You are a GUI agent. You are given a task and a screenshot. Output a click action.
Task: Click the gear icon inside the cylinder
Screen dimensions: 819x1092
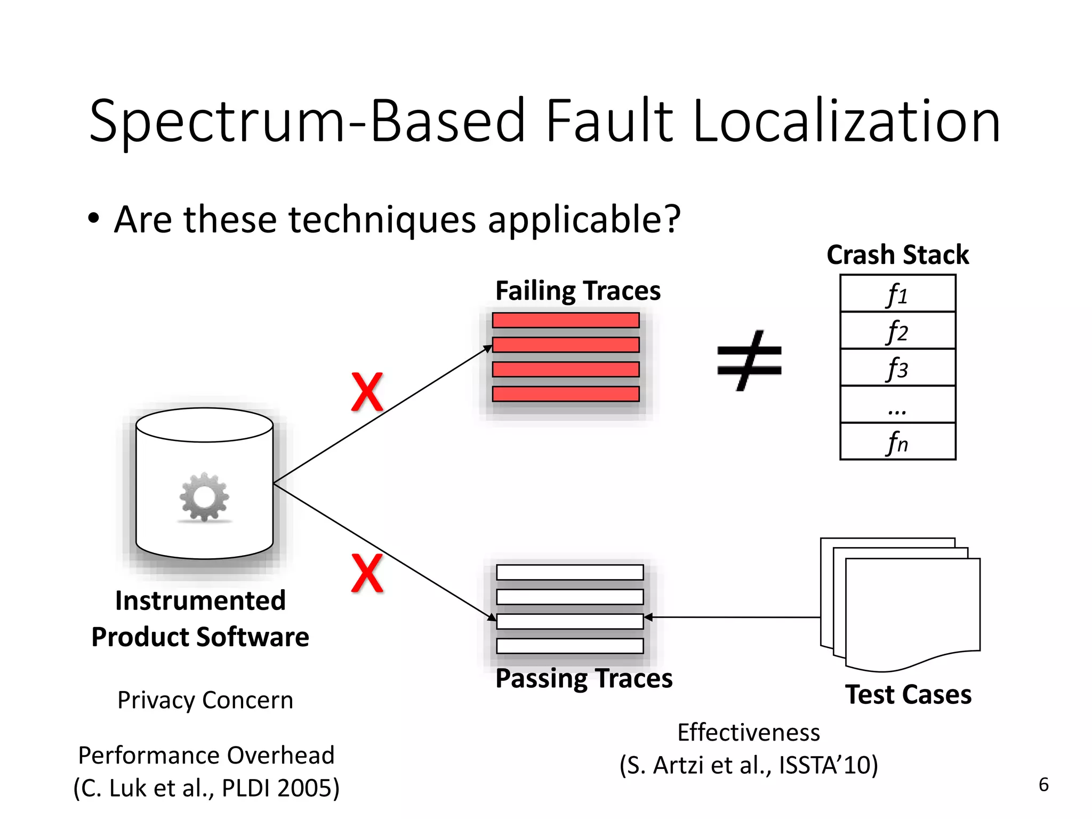tap(204, 497)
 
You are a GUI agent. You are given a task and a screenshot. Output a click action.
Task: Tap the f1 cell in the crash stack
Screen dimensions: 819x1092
tap(897, 294)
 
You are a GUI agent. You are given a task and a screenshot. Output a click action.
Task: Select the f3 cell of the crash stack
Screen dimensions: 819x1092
tap(897, 368)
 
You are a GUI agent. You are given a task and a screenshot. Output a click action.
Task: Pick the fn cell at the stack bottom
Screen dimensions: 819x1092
tap(897, 442)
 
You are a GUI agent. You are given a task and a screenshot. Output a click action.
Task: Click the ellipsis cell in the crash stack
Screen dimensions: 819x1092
tap(897, 405)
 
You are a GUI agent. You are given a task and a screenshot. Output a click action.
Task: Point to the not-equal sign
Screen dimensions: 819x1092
tap(749, 360)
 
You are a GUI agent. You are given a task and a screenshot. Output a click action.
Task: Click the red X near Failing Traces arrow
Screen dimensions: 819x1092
tap(367, 392)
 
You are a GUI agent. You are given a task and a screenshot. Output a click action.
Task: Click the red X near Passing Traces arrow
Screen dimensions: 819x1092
tap(367, 573)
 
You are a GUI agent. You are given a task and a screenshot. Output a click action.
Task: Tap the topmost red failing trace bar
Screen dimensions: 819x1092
tap(565, 320)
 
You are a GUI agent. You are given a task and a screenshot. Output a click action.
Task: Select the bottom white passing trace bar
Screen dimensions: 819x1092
tap(569, 646)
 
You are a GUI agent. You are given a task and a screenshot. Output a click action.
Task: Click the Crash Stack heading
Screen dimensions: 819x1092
tap(897, 255)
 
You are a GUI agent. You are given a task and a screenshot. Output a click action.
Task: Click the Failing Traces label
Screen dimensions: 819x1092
tap(577, 291)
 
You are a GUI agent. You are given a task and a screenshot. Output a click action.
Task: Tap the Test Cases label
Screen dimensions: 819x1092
tap(908, 695)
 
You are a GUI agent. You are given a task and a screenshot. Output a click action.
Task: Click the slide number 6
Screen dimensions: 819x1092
tap(1043, 785)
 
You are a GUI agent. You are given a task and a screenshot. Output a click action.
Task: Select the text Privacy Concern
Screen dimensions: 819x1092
tap(205, 700)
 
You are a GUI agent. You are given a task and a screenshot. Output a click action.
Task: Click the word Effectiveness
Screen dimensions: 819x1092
tap(748, 733)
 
